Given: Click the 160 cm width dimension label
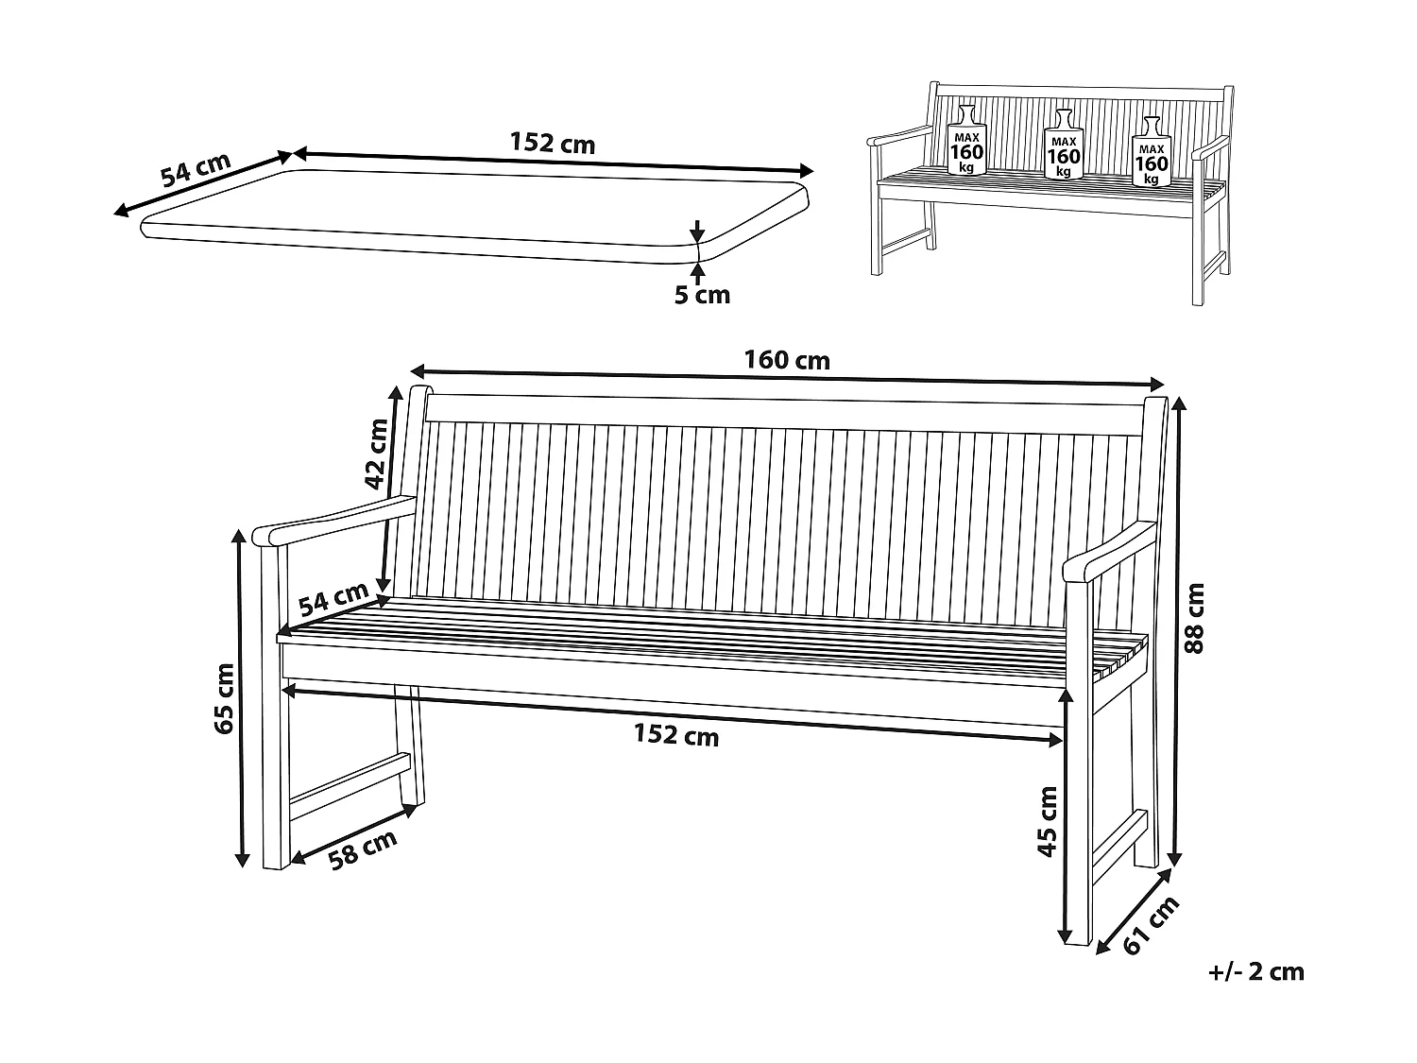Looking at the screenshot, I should (x=787, y=360).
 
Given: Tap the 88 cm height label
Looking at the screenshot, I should (x=1195, y=619).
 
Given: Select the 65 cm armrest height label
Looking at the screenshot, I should (x=224, y=698).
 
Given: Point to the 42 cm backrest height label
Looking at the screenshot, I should (x=377, y=454).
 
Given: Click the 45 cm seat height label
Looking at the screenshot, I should (x=1047, y=821).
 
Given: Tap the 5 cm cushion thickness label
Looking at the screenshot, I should (x=702, y=295).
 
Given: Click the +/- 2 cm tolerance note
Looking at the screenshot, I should (x=1255, y=971).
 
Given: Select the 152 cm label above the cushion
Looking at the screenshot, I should (x=553, y=144).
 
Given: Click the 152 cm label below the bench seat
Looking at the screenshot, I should (x=675, y=735).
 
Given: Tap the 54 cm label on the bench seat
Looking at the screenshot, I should (x=333, y=598).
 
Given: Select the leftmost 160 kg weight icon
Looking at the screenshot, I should (x=966, y=142).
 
